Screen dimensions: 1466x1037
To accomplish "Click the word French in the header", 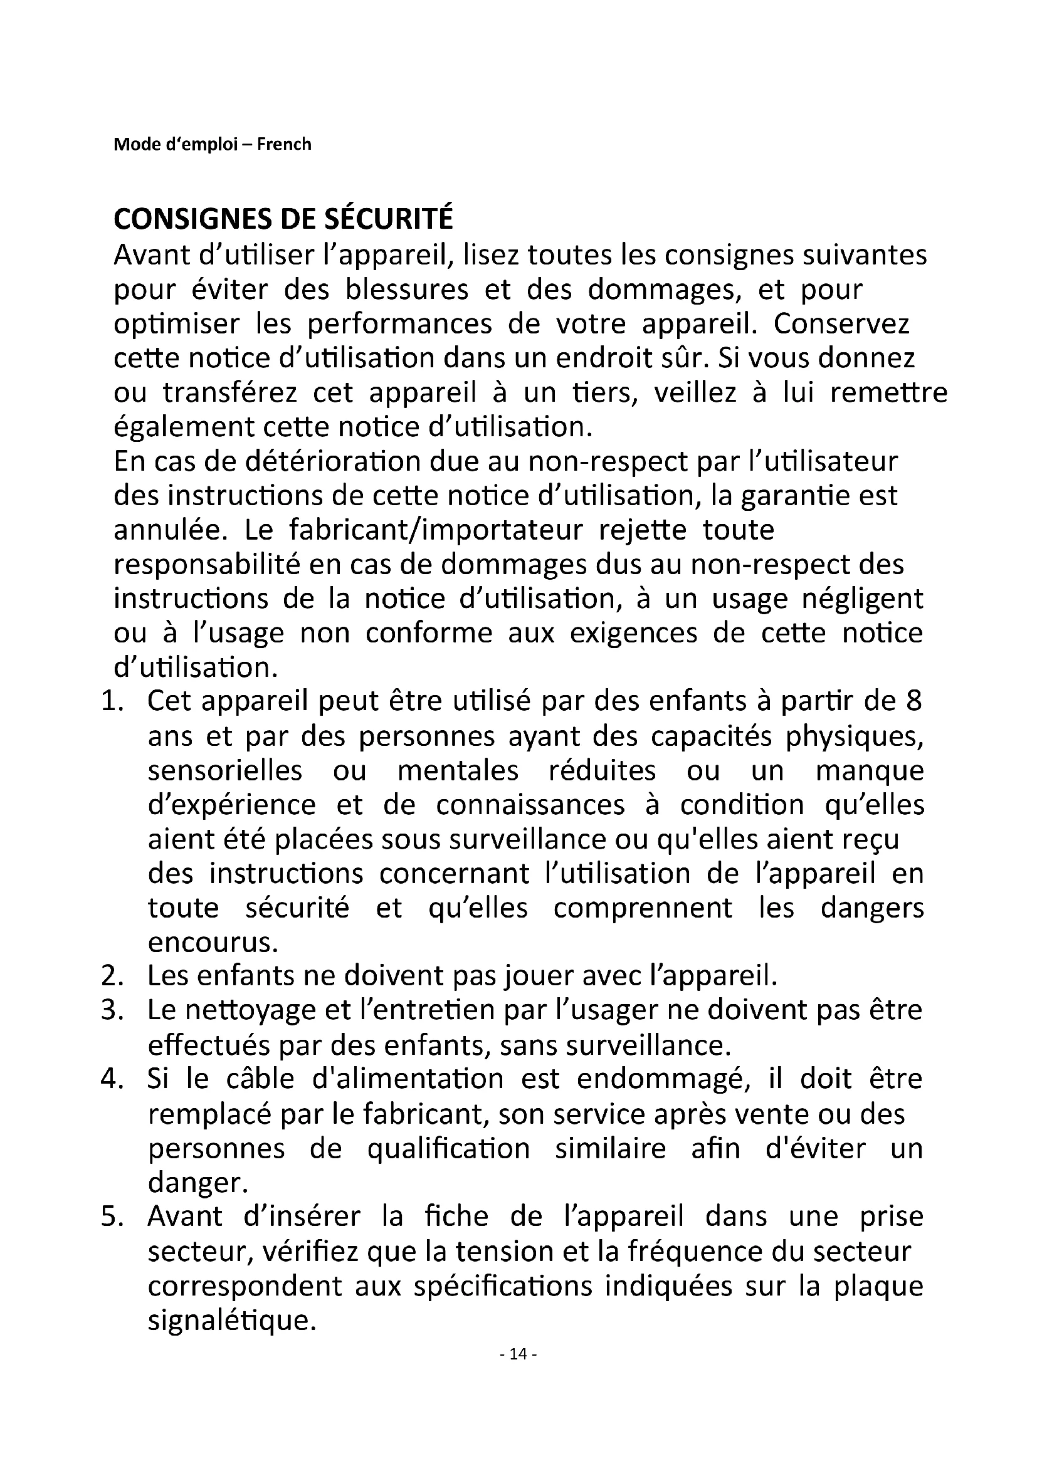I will point(284,144).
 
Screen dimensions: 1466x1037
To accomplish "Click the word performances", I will point(400,325).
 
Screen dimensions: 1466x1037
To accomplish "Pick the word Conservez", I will point(841,325).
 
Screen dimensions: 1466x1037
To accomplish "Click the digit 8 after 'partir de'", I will point(913,702).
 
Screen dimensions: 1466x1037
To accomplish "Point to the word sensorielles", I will point(225,771).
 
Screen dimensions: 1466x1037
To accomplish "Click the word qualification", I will point(448,1149).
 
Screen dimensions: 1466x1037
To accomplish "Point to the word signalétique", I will point(232,1321).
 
